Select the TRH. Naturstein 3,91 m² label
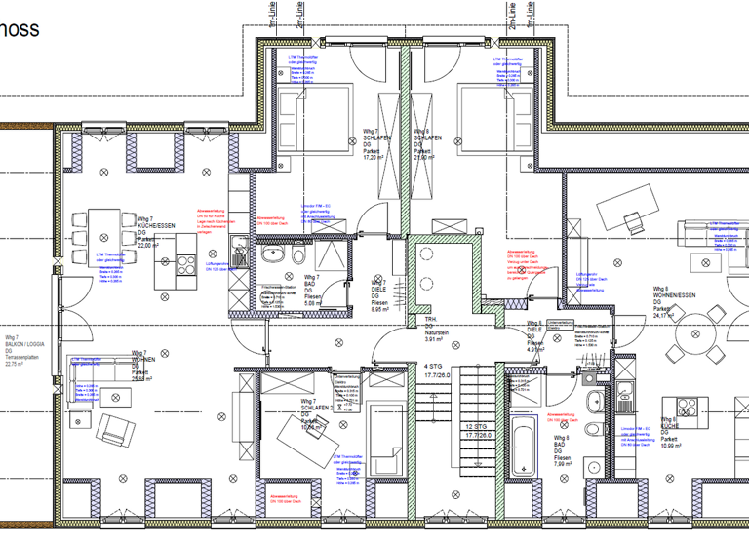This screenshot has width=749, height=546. [435, 330]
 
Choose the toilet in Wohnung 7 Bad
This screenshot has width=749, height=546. [296, 256]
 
